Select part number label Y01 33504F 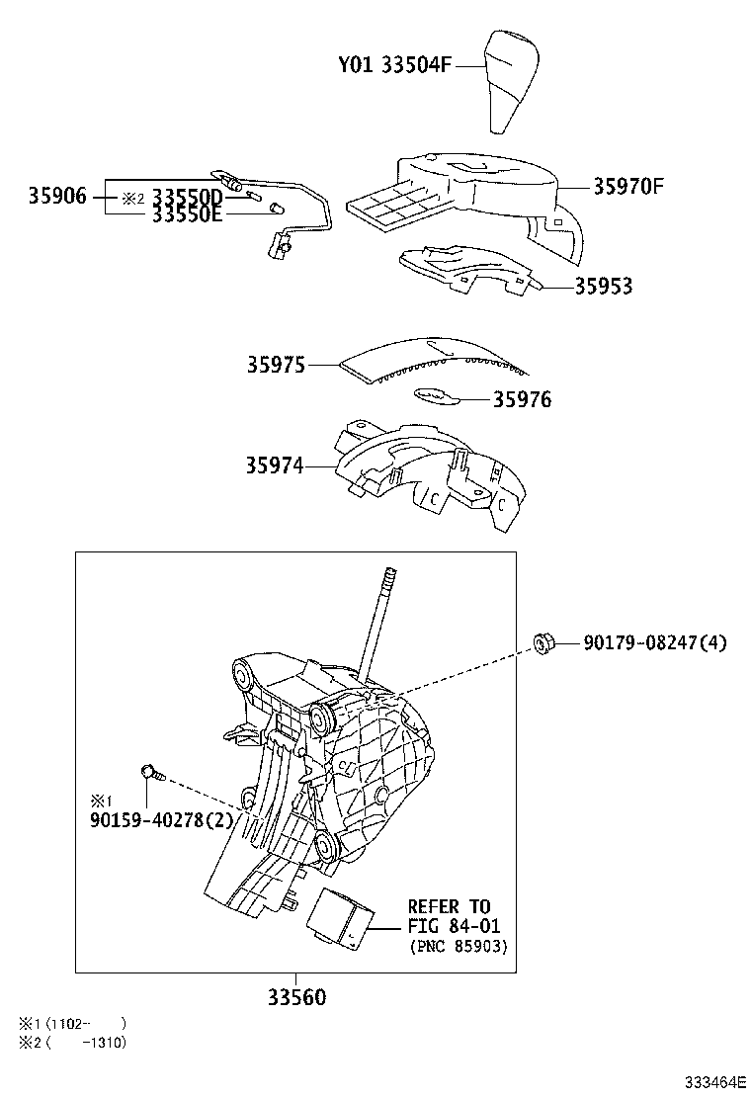pos(394,66)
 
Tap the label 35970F pos(628,185)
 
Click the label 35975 pos(277,366)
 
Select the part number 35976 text pos(522,399)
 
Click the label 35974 pos(276,465)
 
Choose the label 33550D pos(187,198)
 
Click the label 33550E pos(187,215)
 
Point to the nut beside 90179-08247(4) pos(542,643)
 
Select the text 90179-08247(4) pos(654,643)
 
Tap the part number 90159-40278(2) pos(161,819)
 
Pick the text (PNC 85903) pos(458,947)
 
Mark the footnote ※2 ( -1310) pos(72,1042)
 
